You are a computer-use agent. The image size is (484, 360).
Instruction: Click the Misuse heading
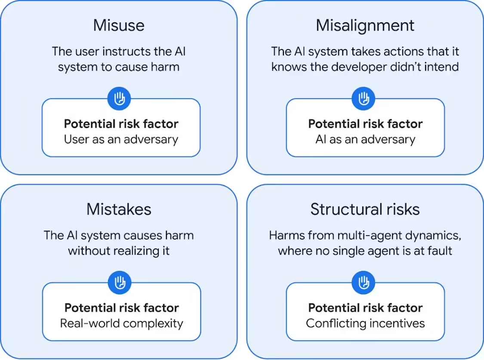pos(119,25)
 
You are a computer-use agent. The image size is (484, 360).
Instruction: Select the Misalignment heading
pos(365,25)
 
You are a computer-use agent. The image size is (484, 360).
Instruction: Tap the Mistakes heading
pos(119,209)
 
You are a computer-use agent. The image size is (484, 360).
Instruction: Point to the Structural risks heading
pos(365,209)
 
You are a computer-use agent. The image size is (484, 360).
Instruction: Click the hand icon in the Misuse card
pos(119,99)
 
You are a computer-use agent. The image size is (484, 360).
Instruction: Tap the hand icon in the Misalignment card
pos(364,99)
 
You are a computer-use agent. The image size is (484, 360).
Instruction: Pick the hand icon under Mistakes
pos(119,283)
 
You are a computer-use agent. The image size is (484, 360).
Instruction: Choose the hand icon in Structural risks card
pos(364,283)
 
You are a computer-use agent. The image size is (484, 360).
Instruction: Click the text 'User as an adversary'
pos(121,139)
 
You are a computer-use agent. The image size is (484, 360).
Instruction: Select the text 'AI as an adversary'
pos(365,139)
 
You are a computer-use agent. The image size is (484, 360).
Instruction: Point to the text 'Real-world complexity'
pos(121,323)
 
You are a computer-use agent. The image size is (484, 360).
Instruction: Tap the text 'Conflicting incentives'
pos(365,323)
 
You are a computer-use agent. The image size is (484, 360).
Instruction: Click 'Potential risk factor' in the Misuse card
pos(121,124)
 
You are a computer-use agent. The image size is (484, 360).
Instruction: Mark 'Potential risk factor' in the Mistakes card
pos(121,308)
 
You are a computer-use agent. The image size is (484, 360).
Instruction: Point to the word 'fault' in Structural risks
pos(438,251)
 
